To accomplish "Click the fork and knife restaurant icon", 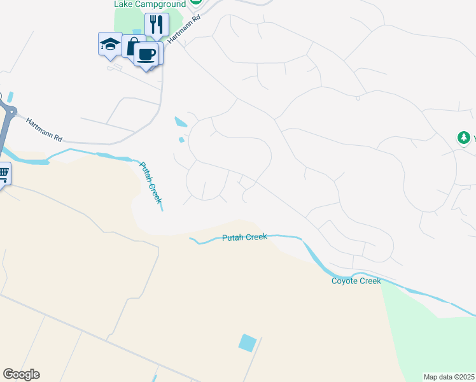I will click(x=157, y=25).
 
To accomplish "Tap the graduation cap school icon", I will click(x=110, y=45).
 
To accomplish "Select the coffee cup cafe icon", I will click(x=146, y=55).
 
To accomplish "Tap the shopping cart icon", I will click(x=3, y=173).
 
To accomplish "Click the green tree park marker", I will click(x=464, y=138).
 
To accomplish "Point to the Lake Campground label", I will click(x=149, y=4).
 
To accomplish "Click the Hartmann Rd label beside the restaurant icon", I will click(x=178, y=30).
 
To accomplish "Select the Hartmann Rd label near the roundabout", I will click(x=44, y=129).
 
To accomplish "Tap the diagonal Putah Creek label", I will click(x=151, y=183).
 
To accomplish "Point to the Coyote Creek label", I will click(x=356, y=281).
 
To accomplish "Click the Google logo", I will click(x=21, y=374).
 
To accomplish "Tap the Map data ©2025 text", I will click(x=449, y=377).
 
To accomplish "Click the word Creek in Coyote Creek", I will click(x=370, y=281).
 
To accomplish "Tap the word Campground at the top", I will click(x=163, y=4).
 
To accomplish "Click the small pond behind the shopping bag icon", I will click(x=137, y=32).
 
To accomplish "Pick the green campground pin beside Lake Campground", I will click(x=196, y=3).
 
